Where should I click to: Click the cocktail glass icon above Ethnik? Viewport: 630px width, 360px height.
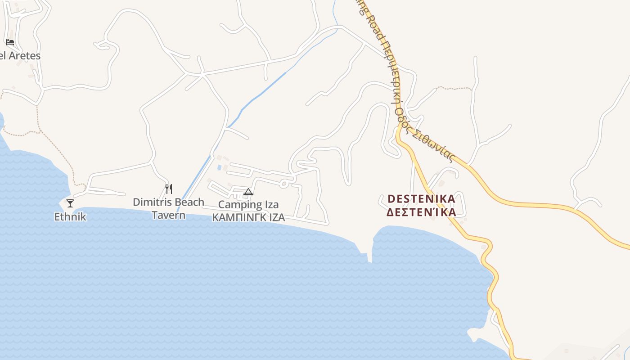tap(70, 203)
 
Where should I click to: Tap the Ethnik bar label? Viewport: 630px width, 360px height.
tap(70, 217)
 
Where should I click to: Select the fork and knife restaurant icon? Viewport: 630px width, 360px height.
tap(169, 189)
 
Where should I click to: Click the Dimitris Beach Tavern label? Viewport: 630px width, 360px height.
tap(168, 208)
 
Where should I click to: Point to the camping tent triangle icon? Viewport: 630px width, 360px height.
tap(248, 192)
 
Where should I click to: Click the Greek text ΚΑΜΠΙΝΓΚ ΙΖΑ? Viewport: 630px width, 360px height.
tap(248, 218)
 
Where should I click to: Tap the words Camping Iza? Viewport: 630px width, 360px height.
tap(248, 205)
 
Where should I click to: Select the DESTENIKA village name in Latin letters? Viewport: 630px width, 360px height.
tap(421, 198)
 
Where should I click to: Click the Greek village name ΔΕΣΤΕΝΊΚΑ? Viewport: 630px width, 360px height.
tap(421, 212)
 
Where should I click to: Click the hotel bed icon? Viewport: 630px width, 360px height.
tap(10, 42)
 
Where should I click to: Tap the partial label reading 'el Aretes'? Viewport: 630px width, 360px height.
tap(20, 56)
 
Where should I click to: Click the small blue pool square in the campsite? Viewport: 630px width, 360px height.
tap(219, 167)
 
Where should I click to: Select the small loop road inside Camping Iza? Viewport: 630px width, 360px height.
tap(284, 183)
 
